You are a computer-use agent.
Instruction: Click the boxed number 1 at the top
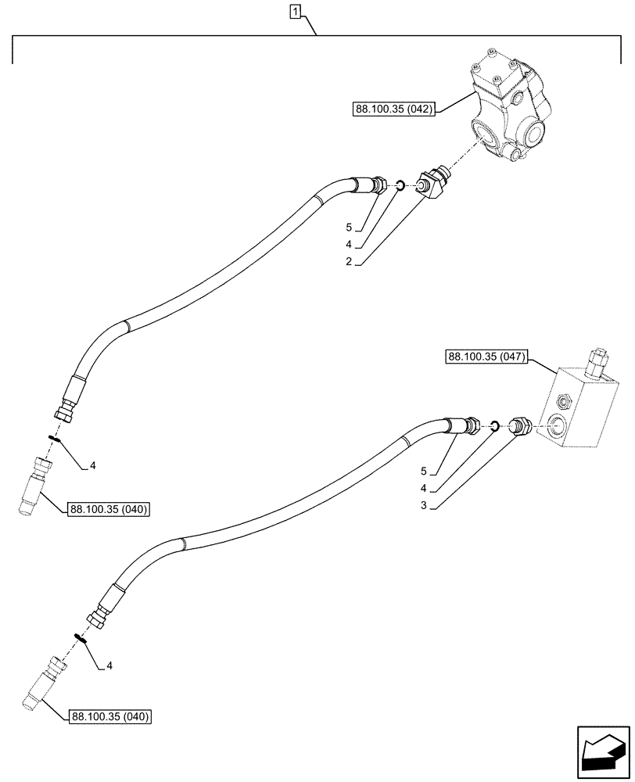tap(295, 12)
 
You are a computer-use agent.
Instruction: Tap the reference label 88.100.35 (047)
tap(487, 358)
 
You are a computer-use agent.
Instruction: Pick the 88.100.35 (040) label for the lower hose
tap(110, 716)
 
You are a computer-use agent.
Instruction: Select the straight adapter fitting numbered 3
tap(519, 426)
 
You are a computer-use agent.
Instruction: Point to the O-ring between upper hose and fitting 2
tap(399, 185)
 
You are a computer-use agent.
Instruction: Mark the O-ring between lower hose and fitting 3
tap(495, 426)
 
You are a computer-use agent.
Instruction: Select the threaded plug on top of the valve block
tap(598, 362)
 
